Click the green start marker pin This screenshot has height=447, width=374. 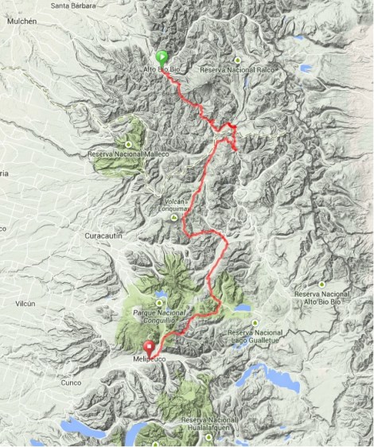162,57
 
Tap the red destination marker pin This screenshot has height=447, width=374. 149,348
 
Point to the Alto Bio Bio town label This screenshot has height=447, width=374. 160,70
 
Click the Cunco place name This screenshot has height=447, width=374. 70,383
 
